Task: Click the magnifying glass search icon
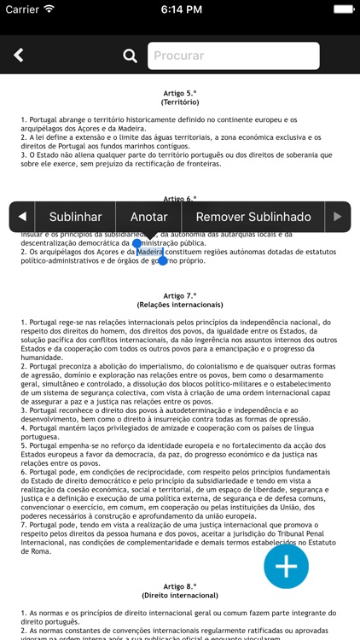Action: (x=130, y=56)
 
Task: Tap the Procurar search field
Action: (x=234, y=56)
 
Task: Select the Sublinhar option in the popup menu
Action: (x=75, y=217)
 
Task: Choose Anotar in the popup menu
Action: (x=148, y=217)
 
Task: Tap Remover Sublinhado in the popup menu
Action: (x=253, y=217)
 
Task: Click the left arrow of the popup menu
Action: (x=22, y=217)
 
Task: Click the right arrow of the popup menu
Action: (x=338, y=217)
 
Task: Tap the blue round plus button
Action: (x=286, y=566)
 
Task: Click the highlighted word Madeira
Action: (x=149, y=252)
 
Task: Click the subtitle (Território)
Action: (x=179, y=102)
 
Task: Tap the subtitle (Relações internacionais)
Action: (x=179, y=304)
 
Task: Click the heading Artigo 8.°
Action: (x=179, y=587)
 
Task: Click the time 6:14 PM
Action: (x=179, y=9)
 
